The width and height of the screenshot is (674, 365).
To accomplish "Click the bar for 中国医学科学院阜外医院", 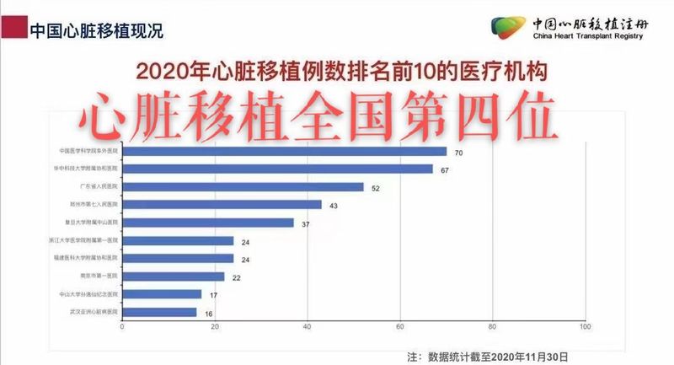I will (285, 152).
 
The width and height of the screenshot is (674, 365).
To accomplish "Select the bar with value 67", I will (277, 169).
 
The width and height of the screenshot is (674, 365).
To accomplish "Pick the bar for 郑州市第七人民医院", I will (222, 205).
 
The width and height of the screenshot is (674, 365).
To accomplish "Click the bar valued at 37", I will (208, 223).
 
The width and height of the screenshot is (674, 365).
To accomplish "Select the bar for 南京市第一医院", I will (174, 276).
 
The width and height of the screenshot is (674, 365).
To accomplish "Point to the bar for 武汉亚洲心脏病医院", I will (159, 312).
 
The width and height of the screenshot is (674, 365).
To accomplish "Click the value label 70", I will (459, 153).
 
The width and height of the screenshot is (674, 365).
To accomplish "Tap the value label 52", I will (376, 188).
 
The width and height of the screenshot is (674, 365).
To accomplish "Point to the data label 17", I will (213, 295).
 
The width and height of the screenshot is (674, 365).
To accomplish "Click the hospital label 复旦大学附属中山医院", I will (94, 223).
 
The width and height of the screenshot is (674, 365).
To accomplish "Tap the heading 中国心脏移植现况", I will (95, 31).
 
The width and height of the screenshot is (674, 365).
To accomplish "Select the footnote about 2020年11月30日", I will (487, 357).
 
